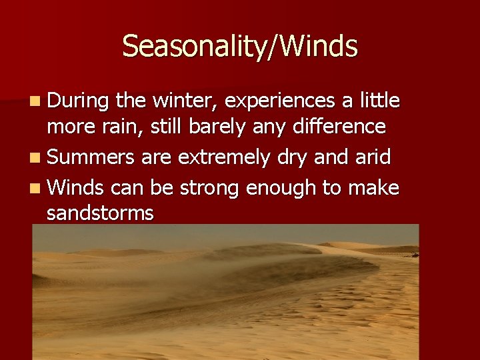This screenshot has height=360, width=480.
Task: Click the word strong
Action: point(209,189)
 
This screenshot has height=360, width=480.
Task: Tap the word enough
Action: point(282,189)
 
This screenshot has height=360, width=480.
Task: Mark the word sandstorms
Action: point(100,213)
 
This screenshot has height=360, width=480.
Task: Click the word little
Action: point(379,101)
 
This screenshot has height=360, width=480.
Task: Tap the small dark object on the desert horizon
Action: point(414,254)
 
